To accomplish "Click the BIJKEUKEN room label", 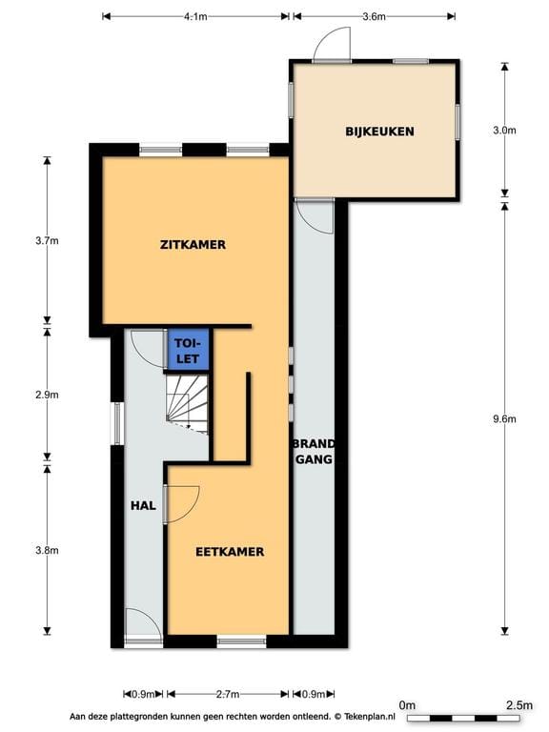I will (x=379, y=132).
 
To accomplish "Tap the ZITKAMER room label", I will (x=193, y=244).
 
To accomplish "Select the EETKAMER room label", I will (x=230, y=551).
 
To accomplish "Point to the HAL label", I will (x=143, y=505).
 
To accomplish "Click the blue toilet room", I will (x=189, y=349).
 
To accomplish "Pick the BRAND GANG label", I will (x=313, y=452).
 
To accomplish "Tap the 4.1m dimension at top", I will (x=195, y=16).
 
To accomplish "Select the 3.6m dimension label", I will (x=374, y=16).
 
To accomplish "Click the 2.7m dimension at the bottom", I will (x=227, y=694).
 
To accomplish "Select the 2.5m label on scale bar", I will (x=518, y=705).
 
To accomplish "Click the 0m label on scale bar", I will (x=407, y=705).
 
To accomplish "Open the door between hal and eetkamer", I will (x=181, y=503).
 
